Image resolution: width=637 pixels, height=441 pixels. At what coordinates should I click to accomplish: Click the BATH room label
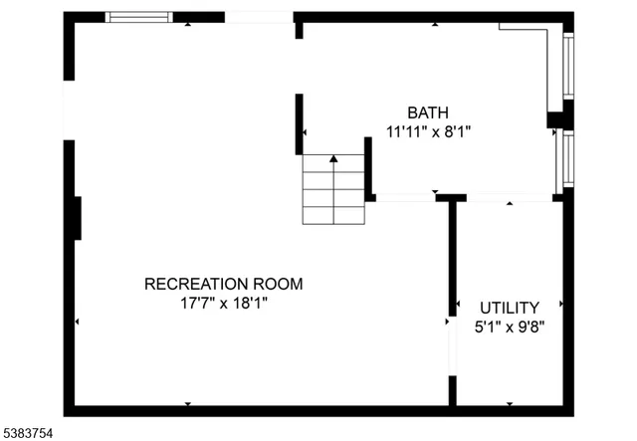tap(428, 111)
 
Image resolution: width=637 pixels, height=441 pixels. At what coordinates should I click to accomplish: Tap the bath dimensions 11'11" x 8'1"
tap(428, 129)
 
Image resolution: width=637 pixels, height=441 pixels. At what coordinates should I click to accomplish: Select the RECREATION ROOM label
tap(223, 284)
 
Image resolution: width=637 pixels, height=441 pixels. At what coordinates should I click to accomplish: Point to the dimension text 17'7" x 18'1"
tap(223, 303)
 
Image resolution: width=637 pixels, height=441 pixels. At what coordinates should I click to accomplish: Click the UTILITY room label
tap(509, 308)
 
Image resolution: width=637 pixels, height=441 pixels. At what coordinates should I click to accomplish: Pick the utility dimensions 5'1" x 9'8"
tap(509, 326)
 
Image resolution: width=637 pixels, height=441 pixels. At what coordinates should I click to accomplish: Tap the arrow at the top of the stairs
tap(333, 158)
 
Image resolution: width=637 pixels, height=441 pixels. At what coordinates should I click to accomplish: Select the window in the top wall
tap(138, 17)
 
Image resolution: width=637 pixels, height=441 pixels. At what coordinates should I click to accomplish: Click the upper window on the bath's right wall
tap(568, 66)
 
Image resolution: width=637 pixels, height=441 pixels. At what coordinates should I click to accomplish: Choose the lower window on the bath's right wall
tap(567, 159)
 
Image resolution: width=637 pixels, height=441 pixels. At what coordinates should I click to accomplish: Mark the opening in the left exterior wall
tap(69, 110)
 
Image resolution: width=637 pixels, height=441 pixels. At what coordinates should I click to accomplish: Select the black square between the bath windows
tap(555, 120)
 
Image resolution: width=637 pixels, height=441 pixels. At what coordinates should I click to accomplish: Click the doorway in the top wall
tap(259, 17)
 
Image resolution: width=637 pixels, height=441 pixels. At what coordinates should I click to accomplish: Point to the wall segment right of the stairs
tap(368, 169)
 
